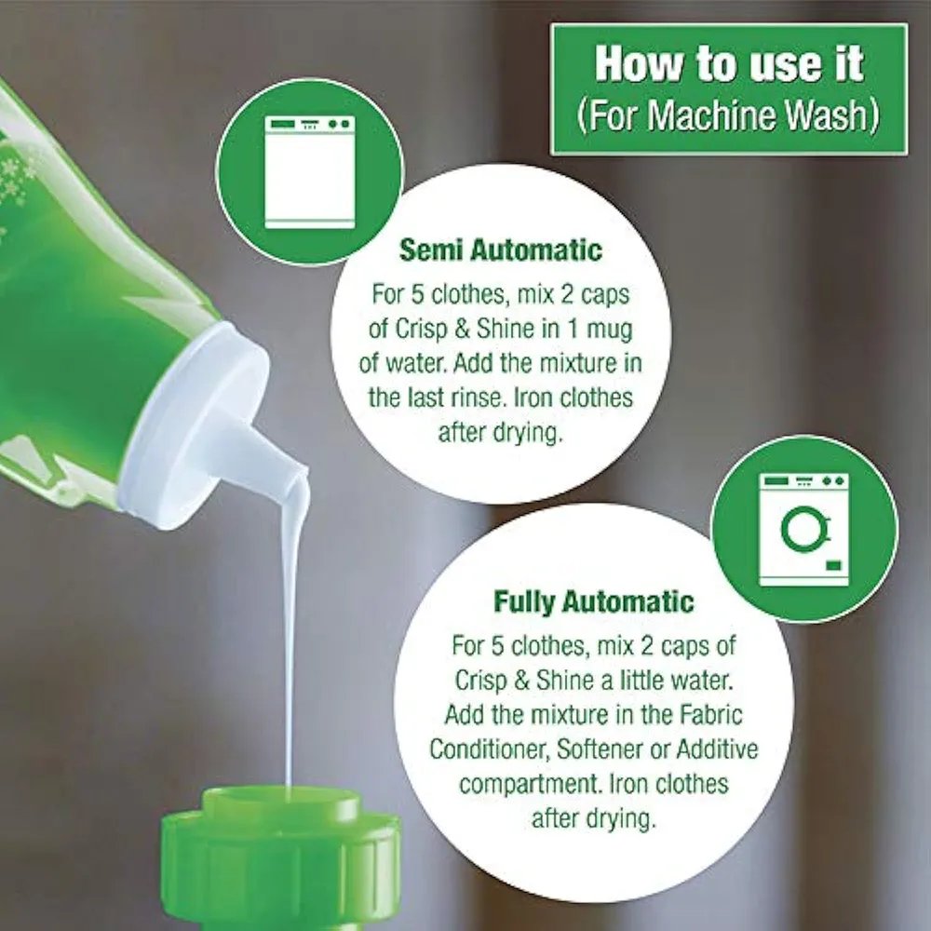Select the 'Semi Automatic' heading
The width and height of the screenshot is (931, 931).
coord(501,250)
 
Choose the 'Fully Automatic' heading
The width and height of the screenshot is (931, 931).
coord(594,601)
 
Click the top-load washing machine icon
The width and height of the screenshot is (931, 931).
coord(309,172)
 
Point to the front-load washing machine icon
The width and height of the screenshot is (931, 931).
coord(804,529)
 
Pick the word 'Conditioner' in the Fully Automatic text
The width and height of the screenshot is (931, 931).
coord(492,749)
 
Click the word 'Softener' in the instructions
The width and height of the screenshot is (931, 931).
coord(600,749)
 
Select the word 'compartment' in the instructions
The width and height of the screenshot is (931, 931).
coord(531,784)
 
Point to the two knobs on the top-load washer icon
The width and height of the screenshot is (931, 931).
coord(338,124)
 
